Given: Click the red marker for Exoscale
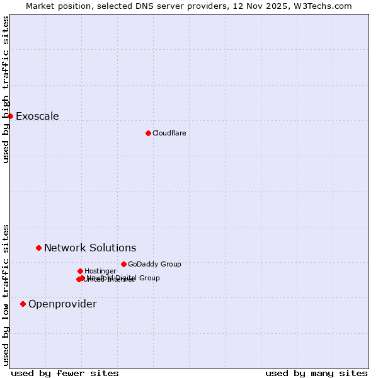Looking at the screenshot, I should click(10, 116).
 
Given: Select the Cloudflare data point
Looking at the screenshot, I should click(148, 133).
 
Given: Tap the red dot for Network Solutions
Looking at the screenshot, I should click(38, 248).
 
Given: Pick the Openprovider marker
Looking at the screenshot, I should click(23, 304).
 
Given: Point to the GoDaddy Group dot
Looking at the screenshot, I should click(123, 264).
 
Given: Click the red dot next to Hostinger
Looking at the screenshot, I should click(80, 271).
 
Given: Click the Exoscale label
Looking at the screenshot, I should click(37, 116).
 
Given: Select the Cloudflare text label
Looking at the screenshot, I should click(169, 133).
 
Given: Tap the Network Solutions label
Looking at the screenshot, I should click(90, 248).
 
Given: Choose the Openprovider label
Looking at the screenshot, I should click(62, 304).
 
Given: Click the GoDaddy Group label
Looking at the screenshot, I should click(154, 264).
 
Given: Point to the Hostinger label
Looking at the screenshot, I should click(100, 271).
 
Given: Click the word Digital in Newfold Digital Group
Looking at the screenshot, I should click(125, 277).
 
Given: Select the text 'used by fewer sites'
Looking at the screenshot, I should click(65, 373).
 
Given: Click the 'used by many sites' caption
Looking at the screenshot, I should click(316, 373).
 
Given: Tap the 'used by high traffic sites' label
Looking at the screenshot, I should click(6, 89).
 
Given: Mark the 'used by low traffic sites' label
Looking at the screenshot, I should click(6, 295).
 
